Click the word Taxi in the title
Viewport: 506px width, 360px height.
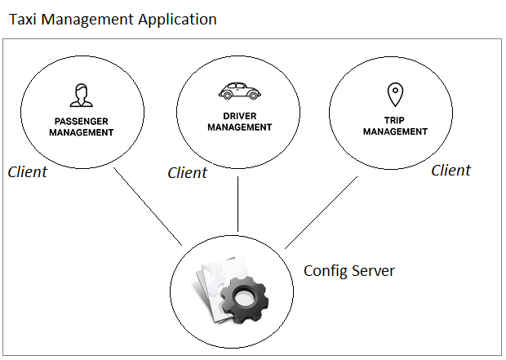click(x=23, y=19)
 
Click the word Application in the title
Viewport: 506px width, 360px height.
click(x=177, y=20)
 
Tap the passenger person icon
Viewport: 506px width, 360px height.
click(x=82, y=96)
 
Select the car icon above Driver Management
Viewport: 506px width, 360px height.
click(x=239, y=91)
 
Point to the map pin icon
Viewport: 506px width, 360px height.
click(x=395, y=95)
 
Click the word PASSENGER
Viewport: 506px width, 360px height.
click(x=82, y=122)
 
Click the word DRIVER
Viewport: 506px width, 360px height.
click(x=240, y=116)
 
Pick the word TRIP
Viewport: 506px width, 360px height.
click(x=394, y=121)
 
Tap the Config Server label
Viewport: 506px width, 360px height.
click(x=349, y=271)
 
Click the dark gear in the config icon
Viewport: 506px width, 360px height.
click(x=244, y=299)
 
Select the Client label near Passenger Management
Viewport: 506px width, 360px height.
click(x=28, y=171)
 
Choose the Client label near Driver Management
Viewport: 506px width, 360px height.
click(x=188, y=173)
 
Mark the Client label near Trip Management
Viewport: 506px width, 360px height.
click(x=451, y=170)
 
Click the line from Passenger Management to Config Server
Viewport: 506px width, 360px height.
click(x=148, y=207)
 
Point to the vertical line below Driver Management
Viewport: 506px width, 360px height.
click(x=237, y=204)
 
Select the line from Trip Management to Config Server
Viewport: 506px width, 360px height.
click(x=321, y=212)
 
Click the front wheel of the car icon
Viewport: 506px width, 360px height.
click(x=254, y=96)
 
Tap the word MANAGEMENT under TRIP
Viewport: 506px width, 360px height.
click(x=395, y=131)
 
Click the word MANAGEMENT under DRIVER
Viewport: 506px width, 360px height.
click(x=240, y=127)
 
